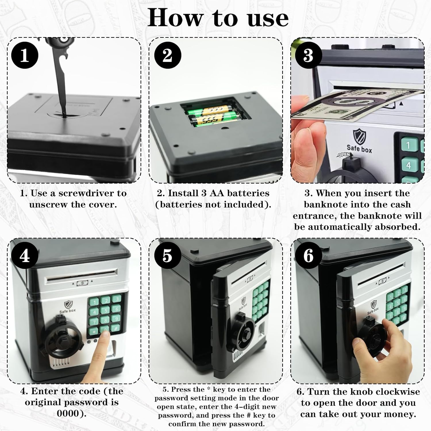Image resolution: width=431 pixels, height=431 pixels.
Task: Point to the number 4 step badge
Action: pyautogui.click(x=25, y=255)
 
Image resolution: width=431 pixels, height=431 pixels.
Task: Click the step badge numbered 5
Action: pyautogui.click(x=168, y=255)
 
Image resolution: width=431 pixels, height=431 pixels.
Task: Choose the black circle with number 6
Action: pyautogui.click(x=308, y=255)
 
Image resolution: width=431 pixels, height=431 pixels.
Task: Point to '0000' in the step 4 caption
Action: pyautogui.click(x=68, y=413)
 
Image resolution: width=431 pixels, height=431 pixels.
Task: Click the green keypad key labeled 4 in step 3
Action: pyautogui.click(x=408, y=166)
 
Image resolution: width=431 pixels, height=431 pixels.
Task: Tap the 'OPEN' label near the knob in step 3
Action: pyautogui.click(x=344, y=155)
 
